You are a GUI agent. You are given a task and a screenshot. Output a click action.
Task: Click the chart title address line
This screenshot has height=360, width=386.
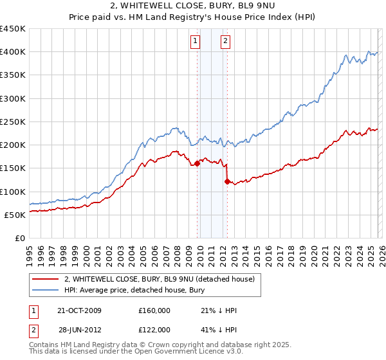pyautogui.click(x=193, y=7)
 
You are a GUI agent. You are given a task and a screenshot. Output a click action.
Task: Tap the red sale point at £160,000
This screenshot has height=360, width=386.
pyautogui.click(x=197, y=163)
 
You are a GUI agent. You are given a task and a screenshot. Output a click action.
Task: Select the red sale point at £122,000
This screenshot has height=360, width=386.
pyautogui.click(x=227, y=181)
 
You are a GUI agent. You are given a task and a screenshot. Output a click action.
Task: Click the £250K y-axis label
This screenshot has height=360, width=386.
pyautogui.click(x=13, y=122)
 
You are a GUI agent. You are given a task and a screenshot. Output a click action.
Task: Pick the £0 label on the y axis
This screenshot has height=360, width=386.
pyautogui.click(x=19, y=238)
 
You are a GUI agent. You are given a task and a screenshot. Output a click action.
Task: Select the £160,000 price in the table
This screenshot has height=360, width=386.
pyautogui.click(x=154, y=310)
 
